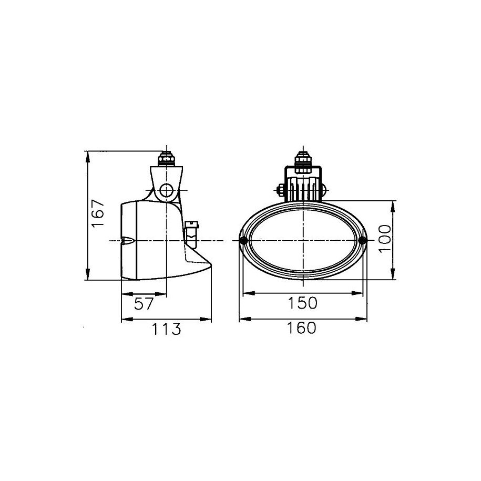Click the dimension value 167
point(98,213)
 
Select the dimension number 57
point(144,304)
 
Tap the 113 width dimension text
point(167,329)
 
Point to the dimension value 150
point(302,303)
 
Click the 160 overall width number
point(302,328)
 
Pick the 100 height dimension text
point(385,238)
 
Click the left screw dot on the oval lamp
point(244,240)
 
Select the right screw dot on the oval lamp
point(362,240)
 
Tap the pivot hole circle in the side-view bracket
point(167,191)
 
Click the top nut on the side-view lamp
point(167,159)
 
